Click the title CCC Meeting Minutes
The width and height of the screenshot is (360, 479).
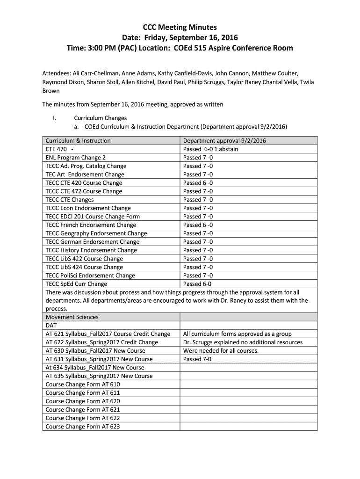(x=180, y=27)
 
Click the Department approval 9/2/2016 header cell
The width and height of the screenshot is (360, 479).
(x=225, y=141)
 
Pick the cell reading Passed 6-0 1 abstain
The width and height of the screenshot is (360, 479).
(x=210, y=149)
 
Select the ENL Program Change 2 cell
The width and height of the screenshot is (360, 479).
(x=76, y=158)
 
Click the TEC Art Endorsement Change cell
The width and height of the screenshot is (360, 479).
(x=85, y=174)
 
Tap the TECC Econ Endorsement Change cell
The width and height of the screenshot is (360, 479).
(x=88, y=208)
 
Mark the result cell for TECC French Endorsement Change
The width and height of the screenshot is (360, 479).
(x=198, y=225)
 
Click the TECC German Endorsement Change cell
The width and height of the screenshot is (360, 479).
(x=93, y=242)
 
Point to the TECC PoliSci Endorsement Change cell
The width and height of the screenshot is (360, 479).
(x=90, y=276)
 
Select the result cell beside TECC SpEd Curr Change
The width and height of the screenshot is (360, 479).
(x=197, y=284)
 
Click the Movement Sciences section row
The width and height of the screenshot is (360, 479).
(x=72, y=317)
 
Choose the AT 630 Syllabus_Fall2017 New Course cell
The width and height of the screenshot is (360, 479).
(x=95, y=351)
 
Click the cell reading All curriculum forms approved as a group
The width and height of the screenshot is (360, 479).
(x=238, y=334)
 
